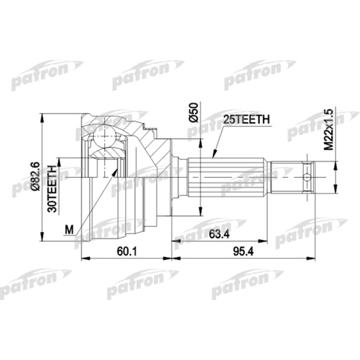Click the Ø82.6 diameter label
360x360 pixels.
click(x=34, y=177)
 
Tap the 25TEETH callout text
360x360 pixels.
click(x=245, y=120)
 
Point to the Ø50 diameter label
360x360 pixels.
click(x=193, y=113)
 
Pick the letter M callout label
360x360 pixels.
click(x=69, y=230)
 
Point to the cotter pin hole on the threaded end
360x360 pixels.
click(x=307, y=177)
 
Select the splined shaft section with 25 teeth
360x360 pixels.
click(x=229, y=177)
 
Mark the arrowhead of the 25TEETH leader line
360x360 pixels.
click(x=213, y=155)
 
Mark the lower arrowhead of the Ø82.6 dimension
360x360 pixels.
click(x=41, y=239)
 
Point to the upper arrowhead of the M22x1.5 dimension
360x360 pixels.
click(x=335, y=163)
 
